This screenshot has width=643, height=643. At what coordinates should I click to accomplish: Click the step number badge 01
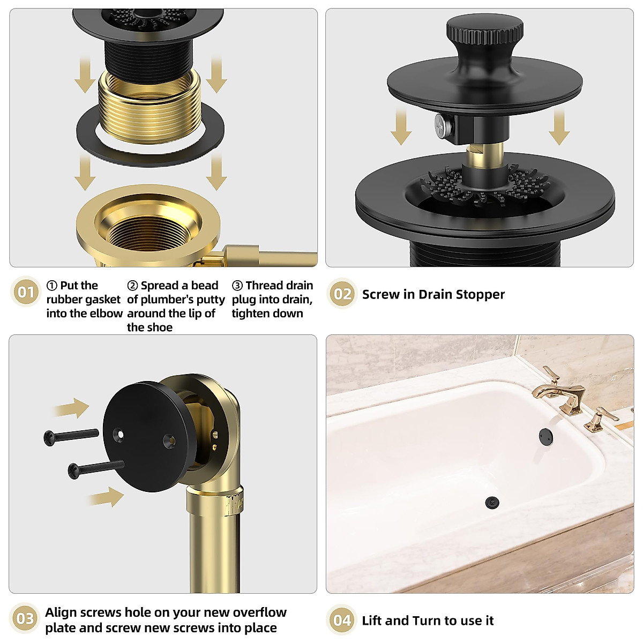26,292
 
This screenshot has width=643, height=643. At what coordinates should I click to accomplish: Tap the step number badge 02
342,294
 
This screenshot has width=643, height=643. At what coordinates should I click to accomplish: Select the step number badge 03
26,619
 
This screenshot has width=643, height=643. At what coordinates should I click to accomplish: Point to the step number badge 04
342,620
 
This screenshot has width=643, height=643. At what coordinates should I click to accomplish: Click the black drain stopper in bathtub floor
491,502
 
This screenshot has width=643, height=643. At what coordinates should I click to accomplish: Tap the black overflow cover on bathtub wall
546,435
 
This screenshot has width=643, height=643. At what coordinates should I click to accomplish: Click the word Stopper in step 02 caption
480,295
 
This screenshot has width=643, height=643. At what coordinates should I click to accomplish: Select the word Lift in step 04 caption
372,620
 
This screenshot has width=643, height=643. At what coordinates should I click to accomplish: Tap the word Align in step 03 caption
61,612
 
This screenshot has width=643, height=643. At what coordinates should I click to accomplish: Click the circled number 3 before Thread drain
237,286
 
